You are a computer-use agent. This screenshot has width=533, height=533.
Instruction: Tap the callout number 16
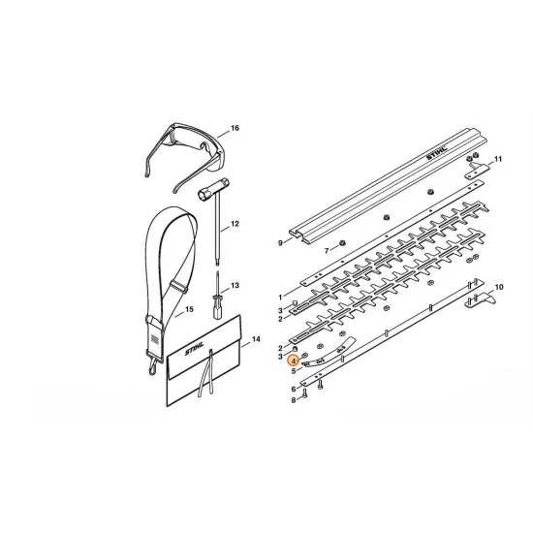pyautogui.click(x=234, y=128)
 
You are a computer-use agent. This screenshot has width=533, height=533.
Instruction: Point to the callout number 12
pyautogui.click(x=234, y=225)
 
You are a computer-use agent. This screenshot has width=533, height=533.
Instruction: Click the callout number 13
pyautogui.click(x=234, y=287)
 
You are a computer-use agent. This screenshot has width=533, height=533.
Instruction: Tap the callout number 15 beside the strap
pyautogui.click(x=189, y=310)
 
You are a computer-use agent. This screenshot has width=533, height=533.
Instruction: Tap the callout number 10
pyautogui.click(x=499, y=287)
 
